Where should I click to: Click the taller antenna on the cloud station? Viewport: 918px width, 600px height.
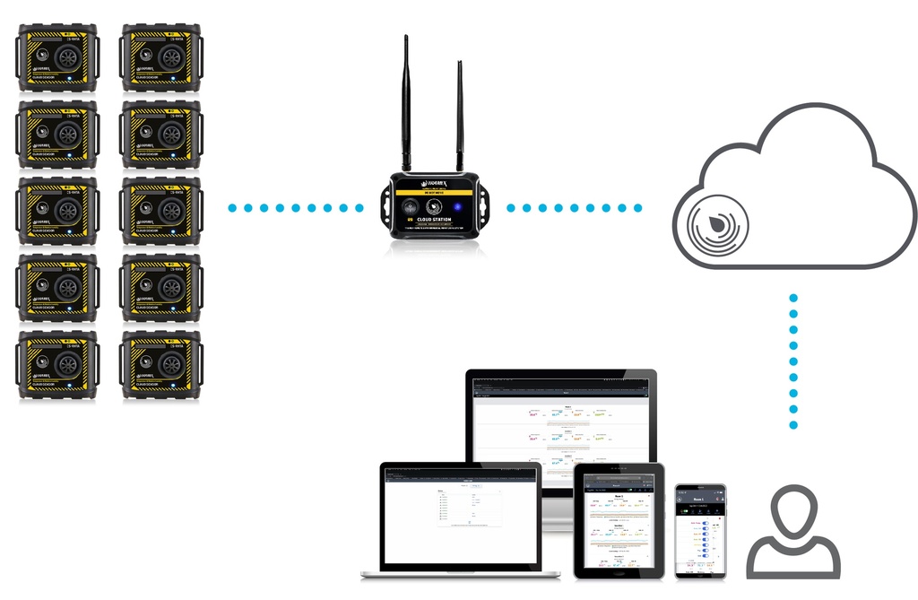(x=405, y=99)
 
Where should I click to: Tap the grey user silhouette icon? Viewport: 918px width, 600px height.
(x=793, y=534)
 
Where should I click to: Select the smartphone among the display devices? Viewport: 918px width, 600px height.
(x=700, y=532)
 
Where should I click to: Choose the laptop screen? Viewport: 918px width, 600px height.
(x=459, y=516)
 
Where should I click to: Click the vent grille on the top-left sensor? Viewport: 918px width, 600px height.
(x=67, y=58)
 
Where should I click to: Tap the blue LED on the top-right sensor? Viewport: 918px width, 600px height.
(x=172, y=82)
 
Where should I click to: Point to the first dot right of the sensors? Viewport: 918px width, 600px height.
(x=232, y=208)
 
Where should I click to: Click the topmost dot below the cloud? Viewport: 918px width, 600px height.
(x=793, y=297)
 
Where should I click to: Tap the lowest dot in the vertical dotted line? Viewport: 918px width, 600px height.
(x=793, y=425)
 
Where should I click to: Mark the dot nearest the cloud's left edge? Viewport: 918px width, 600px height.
(x=638, y=208)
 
